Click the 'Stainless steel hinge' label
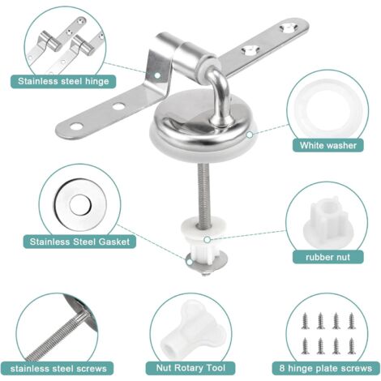[63, 81]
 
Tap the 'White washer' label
[328, 145]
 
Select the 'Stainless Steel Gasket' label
[79, 242]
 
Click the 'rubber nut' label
[327, 257]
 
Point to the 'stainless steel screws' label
[58, 369]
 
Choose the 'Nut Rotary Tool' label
[190, 368]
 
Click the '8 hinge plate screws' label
[326, 368]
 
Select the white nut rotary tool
[187, 333]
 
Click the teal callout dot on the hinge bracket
[157, 75]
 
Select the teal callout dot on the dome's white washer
[250, 135]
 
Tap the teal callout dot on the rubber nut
[208, 240]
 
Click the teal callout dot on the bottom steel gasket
[190, 262]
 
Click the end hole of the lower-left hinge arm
[76, 126]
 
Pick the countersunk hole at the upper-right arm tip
[289, 27]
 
